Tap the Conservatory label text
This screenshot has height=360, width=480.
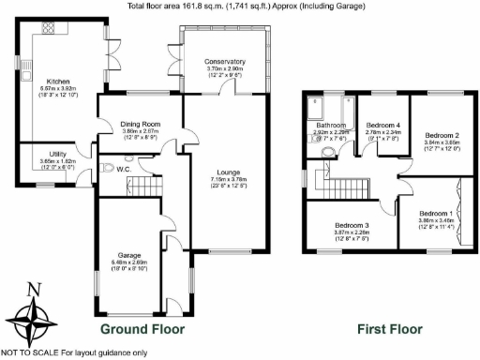point(224,62)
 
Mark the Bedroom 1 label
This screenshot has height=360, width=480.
point(436,213)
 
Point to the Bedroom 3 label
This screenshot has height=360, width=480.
point(354,226)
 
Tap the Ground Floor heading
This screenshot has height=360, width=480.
point(142,330)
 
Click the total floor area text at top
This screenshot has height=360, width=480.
point(239,6)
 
